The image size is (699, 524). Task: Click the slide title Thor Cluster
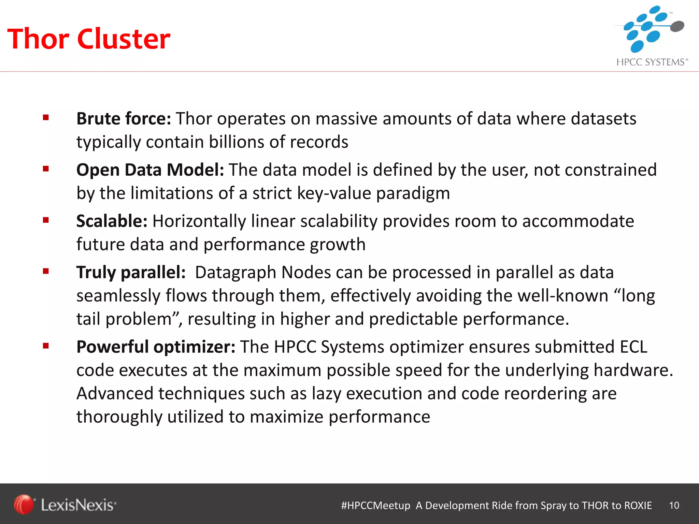tap(88, 39)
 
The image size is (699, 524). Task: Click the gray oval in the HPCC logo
tap(677, 26)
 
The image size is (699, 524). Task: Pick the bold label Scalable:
tap(112, 221)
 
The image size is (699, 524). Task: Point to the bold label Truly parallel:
tap(131, 272)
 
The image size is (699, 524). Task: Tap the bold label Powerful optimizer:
tap(156, 347)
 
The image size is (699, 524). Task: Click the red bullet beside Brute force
tap(46, 118)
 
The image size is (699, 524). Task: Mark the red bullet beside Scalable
tap(46, 220)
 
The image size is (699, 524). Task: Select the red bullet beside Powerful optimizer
tap(46, 346)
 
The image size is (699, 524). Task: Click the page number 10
tap(674, 505)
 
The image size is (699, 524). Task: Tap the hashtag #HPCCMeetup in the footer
tap(375, 505)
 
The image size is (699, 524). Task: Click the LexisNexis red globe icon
tap(24, 504)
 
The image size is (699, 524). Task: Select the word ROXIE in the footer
tap(638, 505)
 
